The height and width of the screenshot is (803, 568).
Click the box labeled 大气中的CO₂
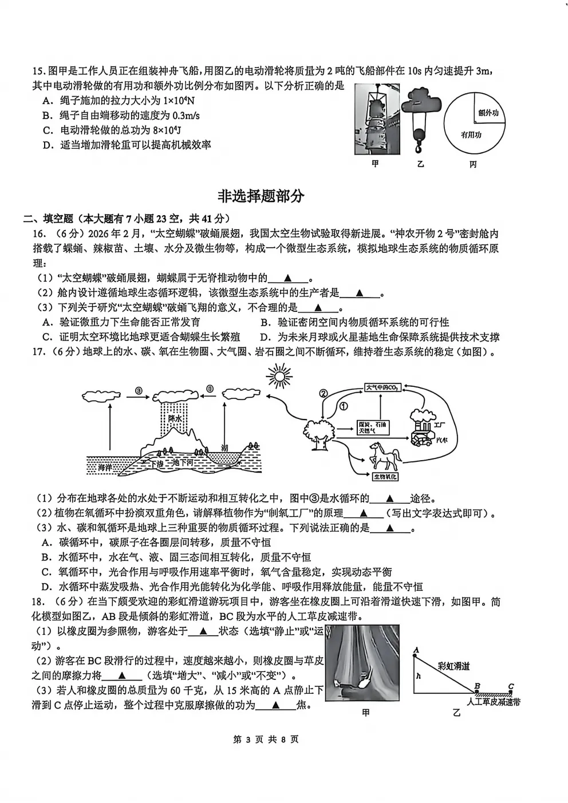[382, 387]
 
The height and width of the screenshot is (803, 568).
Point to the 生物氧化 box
[385, 477]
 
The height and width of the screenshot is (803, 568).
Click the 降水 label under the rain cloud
[174, 419]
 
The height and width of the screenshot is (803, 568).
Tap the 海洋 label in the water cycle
[105, 468]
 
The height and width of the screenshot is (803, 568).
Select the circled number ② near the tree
[323, 394]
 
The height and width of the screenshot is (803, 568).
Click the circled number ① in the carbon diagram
[344, 406]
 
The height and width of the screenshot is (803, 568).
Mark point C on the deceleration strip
[511, 687]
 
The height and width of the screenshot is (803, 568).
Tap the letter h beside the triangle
[419, 675]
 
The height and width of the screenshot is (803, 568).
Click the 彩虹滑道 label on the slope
[453, 666]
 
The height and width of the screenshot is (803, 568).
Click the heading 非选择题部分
[261, 196]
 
